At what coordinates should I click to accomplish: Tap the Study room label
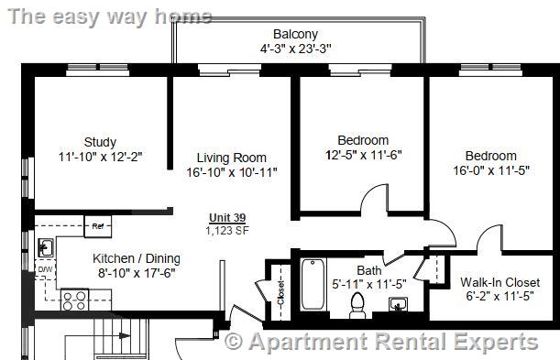coord(100,142)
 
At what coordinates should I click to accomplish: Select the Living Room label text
coord(231,158)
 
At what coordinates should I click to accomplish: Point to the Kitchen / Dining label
coord(137,258)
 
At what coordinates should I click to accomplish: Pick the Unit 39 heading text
coord(227,217)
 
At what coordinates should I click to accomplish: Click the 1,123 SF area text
coord(227,230)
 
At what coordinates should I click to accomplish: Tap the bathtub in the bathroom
coord(313,286)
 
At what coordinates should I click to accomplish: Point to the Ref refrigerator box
coord(97,225)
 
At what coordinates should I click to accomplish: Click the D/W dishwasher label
coord(44,270)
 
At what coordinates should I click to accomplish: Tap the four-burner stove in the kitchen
coord(72,299)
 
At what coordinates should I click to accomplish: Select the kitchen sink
coord(45,246)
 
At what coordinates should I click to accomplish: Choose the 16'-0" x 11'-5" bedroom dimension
coord(490,170)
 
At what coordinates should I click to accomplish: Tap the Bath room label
coord(369,270)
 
